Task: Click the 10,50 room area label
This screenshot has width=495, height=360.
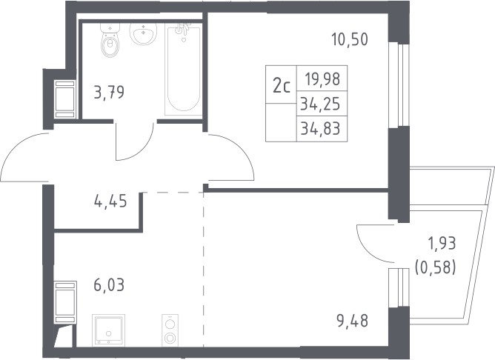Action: pos(350,40)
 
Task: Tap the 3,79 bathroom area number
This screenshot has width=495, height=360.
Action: pos(109,93)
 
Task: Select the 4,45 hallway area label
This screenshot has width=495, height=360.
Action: pos(110,201)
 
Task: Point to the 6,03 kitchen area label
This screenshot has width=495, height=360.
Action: pos(109,285)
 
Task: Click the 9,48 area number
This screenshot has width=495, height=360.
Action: pos(353,321)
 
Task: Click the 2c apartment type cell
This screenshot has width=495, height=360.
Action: pos(282,85)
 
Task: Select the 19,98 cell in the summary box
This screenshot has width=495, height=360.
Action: pos(322,79)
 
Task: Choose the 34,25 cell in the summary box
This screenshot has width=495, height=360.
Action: pos(320,104)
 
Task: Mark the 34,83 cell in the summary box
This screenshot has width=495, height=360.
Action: pos(320,129)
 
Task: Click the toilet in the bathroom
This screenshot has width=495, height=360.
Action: pos(110,40)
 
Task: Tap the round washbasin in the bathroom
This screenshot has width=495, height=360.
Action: pos(143,34)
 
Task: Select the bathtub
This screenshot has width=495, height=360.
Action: pos(183,71)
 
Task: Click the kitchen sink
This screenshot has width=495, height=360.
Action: pos(109,330)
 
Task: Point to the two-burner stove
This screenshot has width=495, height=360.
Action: pos(170,330)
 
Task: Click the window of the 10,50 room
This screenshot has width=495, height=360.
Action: pos(399,85)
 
